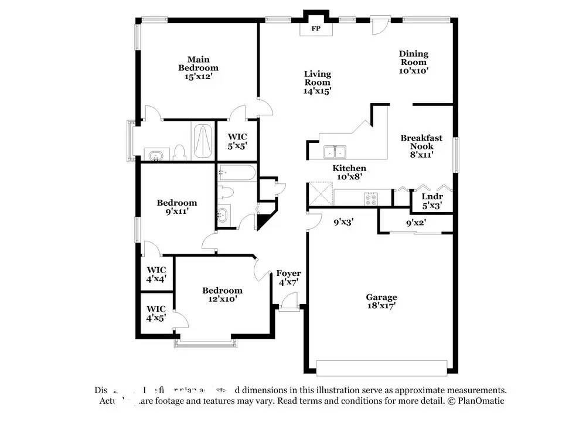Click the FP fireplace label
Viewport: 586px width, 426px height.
[x=315, y=29]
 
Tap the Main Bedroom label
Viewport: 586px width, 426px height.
[x=199, y=68]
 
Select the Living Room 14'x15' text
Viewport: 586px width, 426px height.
[x=317, y=82]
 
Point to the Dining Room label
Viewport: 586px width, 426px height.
[x=414, y=62]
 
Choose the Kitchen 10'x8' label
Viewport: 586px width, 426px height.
[x=349, y=172]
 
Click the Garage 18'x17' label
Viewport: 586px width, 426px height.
[x=381, y=301]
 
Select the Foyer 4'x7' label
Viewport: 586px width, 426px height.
[x=289, y=278]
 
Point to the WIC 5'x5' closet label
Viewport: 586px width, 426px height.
[x=237, y=141]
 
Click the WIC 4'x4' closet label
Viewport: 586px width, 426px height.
[x=156, y=274]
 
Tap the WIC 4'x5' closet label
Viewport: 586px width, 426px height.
[x=156, y=313]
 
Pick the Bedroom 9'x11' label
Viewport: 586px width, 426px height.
[x=176, y=207]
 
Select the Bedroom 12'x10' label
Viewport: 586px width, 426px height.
[x=222, y=295]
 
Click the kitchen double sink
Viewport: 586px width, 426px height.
[x=336, y=152]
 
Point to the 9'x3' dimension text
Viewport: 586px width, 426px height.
[x=343, y=222]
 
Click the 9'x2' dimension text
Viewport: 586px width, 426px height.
[x=416, y=223]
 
